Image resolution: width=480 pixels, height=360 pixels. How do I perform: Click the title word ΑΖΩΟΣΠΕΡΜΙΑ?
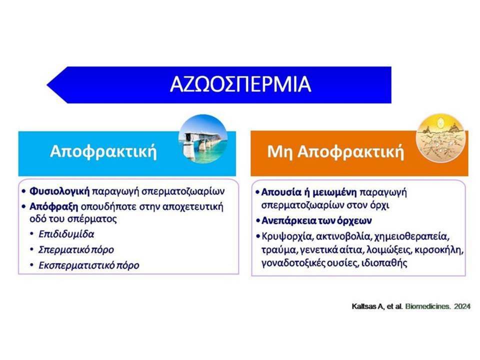tap(240, 84)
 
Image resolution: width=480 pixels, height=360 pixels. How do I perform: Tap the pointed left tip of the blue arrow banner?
tap(47, 85)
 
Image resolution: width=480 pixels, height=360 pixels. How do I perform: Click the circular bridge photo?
tap(203, 139)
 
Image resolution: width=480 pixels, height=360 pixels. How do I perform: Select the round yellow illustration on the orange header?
tap(440, 138)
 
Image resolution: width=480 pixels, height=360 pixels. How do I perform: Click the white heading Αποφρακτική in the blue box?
tap(103, 151)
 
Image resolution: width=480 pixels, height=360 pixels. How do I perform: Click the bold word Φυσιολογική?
tap(59, 191)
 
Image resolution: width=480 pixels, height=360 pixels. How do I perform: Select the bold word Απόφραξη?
tap(53, 206)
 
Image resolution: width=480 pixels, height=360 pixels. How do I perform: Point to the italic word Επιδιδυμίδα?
tap(66, 234)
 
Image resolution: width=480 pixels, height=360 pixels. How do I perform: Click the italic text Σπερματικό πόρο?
tap(76, 250)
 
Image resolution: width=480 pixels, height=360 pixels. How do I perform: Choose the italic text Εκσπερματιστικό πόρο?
tap(89, 265)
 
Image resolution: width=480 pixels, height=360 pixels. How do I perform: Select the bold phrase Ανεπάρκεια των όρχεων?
tap(316, 220)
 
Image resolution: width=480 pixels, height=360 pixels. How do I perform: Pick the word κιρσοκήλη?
tap(439, 250)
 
